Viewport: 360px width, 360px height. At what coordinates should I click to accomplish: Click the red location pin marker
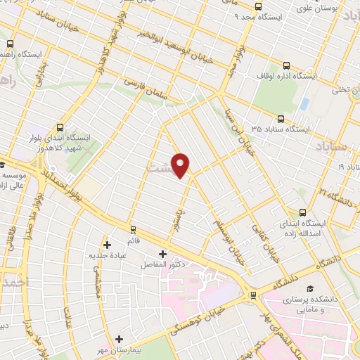point(181,165)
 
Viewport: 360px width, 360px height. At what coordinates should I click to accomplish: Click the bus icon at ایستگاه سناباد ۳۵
point(281,120)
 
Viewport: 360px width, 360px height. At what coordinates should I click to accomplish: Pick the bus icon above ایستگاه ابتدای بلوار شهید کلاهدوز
point(60,128)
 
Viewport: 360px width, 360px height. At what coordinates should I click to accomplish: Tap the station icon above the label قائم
point(132,229)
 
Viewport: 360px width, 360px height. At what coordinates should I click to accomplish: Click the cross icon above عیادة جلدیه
point(107,245)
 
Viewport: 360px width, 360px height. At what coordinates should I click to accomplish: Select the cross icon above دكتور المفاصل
point(162,253)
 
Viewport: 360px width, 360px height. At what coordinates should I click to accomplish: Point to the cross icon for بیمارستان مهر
point(120,339)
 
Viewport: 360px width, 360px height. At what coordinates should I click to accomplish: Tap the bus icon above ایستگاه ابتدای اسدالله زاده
point(303,212)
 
